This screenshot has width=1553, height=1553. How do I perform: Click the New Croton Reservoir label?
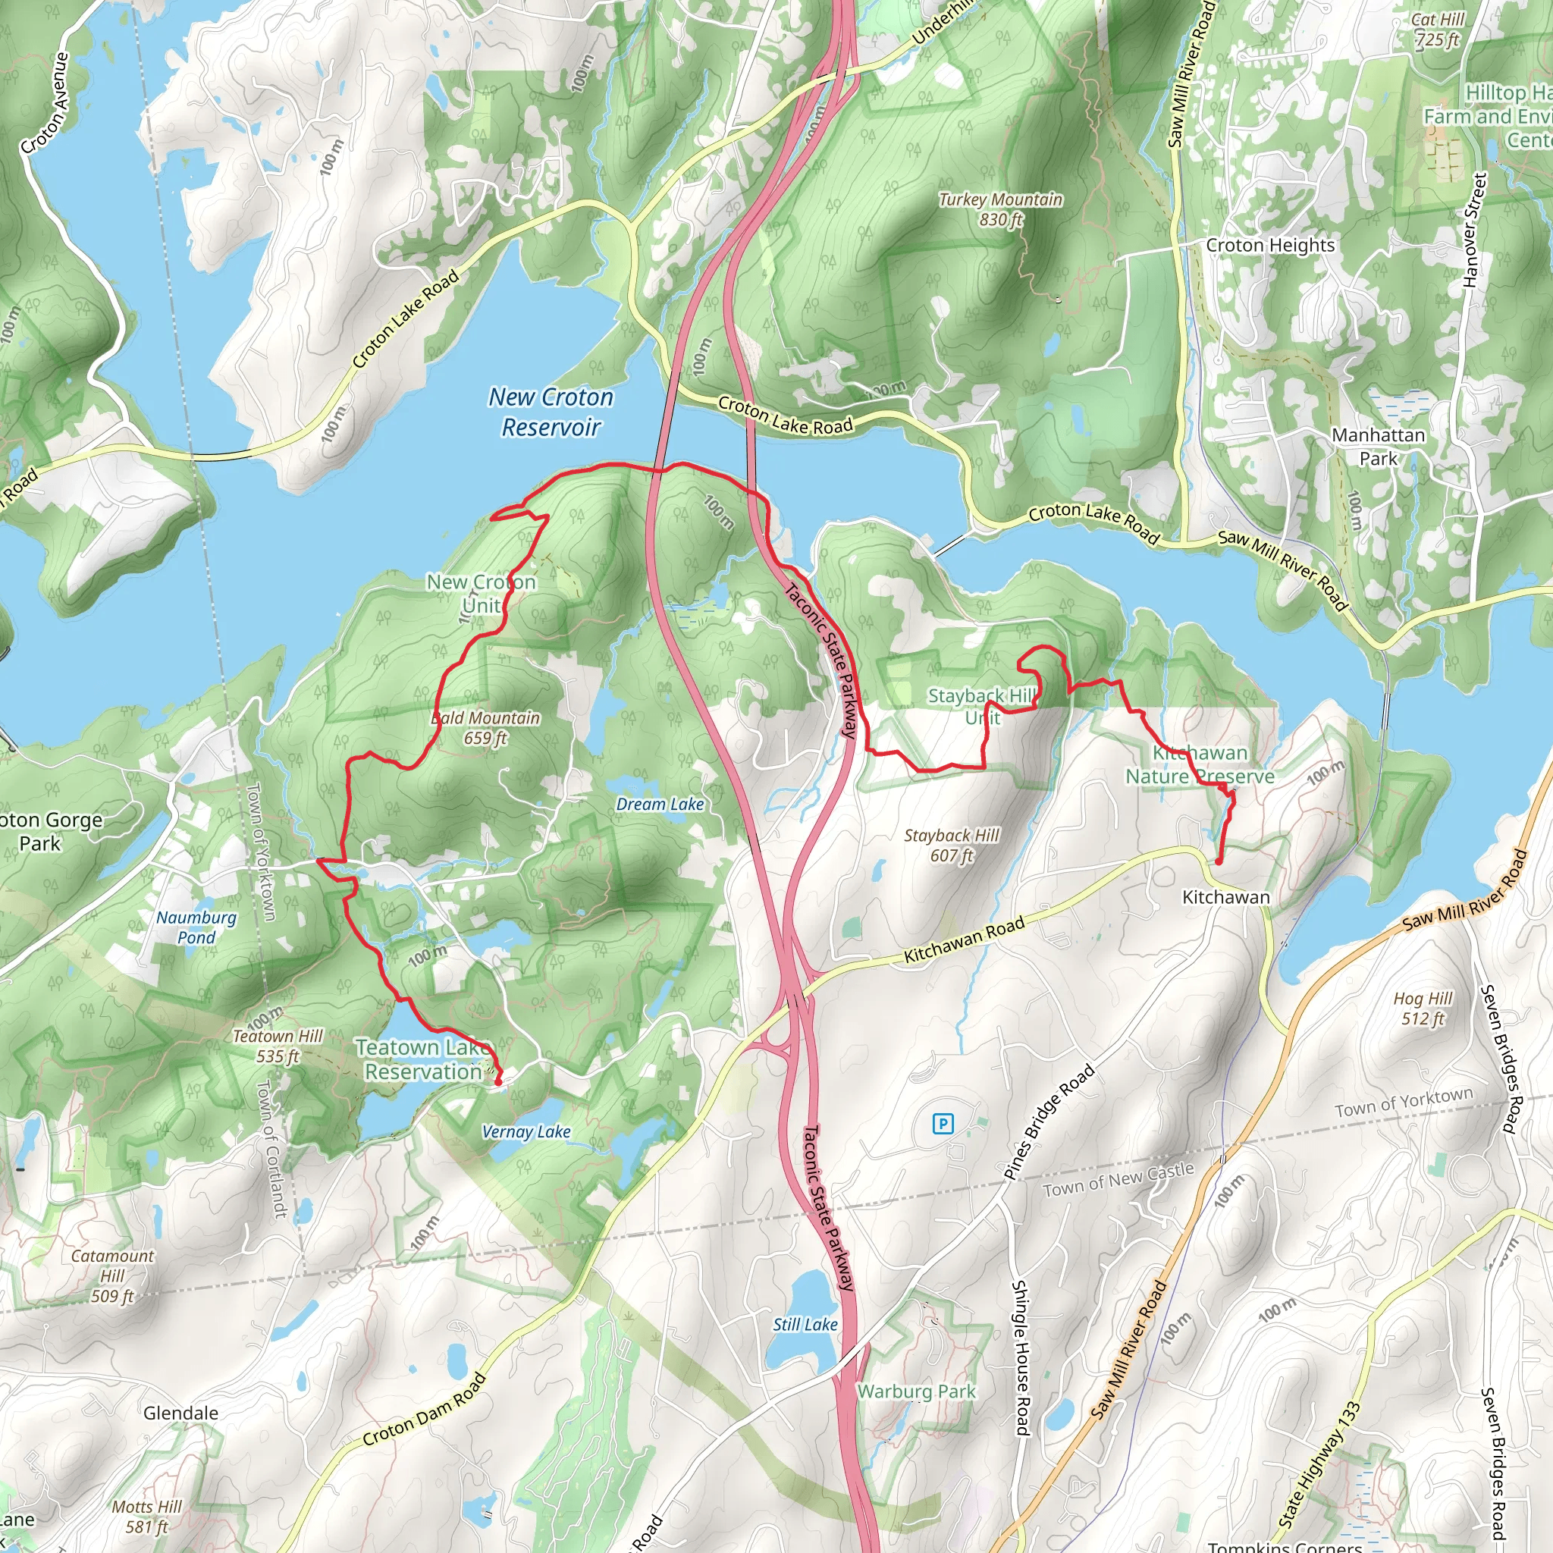tap(551, 413)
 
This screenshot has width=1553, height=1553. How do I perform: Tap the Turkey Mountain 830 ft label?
tap(1001, 209)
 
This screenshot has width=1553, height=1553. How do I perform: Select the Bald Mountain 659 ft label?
tap(485, 727)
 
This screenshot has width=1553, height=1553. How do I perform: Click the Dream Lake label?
tap(660, 805)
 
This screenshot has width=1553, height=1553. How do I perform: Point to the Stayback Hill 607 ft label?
tap(952, 846)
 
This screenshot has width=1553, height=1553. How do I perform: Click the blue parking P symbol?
tap(943, 1124)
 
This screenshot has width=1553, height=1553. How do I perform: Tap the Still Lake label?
tap(805, 1324)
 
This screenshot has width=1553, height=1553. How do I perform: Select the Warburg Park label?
tap(916, 1391)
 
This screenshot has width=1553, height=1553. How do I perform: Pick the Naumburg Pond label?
tap(196, 927)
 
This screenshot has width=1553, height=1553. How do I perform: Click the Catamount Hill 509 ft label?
tap(112, 1275)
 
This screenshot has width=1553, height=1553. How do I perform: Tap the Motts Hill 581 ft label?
tap(146, 1516)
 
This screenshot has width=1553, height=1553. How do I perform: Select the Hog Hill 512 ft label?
tap(1423, 1009)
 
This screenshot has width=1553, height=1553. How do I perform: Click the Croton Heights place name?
tap(1270, 245)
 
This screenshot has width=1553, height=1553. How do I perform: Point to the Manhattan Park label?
tap(1379, 446)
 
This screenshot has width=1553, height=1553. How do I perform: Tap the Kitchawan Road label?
tap(964, 939)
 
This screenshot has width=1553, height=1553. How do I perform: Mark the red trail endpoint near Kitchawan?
tap(1219, 861)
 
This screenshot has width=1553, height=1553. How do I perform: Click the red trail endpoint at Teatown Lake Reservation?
tap(497, 1082)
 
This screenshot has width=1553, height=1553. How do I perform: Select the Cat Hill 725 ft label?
tap(1438, 30)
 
